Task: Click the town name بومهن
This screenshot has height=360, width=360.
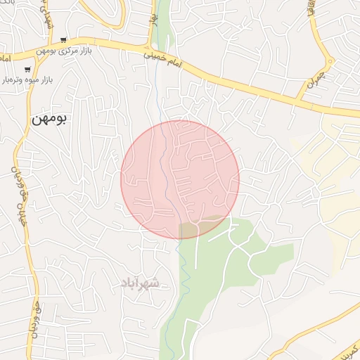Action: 49,120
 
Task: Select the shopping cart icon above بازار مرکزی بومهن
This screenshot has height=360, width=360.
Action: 64,40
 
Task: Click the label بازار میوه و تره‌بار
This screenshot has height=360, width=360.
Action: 29,80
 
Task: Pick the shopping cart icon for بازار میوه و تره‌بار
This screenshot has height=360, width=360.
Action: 27,70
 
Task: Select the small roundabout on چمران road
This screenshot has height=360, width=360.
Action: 330,61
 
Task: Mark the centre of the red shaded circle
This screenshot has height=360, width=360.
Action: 180,179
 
